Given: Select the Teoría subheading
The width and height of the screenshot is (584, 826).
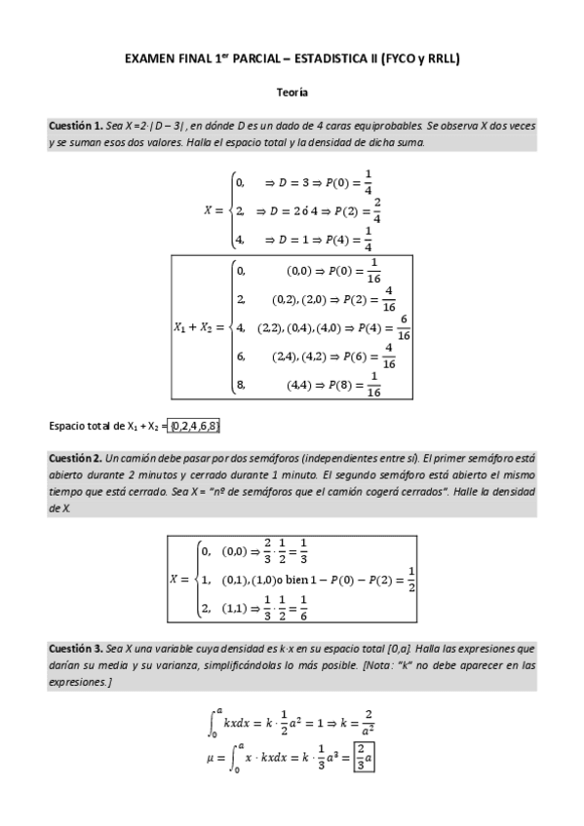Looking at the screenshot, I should [292, 93].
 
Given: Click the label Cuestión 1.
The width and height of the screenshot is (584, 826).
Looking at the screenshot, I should [76, 127].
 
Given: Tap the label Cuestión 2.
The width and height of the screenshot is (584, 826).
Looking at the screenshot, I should [76, 458].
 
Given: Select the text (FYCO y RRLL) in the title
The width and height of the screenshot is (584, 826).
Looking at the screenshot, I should [420, 59].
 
